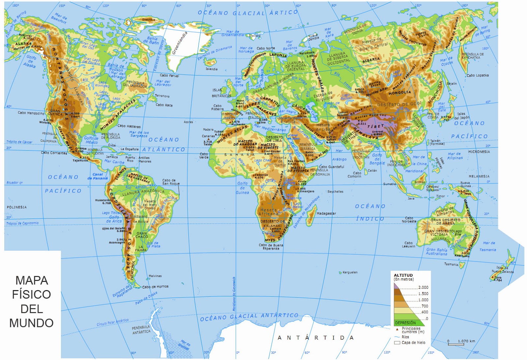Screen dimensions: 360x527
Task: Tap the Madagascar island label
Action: click(x=326, y=214)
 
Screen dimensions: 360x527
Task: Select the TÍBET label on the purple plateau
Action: click(x=375, y=127)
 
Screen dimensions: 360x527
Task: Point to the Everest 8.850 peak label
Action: click(x=377, y=133)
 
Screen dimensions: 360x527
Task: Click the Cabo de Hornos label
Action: click(x=155, y=287)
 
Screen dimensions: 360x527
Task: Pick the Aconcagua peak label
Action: click(x=117, y=242)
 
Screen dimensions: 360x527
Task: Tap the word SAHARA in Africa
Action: click(x=240, y=155)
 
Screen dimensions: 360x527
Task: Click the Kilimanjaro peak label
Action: click(x=306, y=191)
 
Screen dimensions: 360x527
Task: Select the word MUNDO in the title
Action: click(x=31, y=323)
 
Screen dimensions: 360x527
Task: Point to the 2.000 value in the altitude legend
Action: click(x=423, y=287)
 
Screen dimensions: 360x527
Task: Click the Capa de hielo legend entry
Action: click(x=413, y=343)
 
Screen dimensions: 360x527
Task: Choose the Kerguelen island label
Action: click(x=350, y=272)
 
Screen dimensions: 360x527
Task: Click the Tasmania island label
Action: click(x=451, y=264)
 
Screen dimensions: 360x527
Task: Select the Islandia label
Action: click(x=211, y=69)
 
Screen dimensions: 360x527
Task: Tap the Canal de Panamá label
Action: click(x=98, y=176)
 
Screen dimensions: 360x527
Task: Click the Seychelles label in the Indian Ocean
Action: click(x=335, y=192)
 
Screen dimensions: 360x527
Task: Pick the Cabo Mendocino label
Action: click(x=31, y=113)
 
